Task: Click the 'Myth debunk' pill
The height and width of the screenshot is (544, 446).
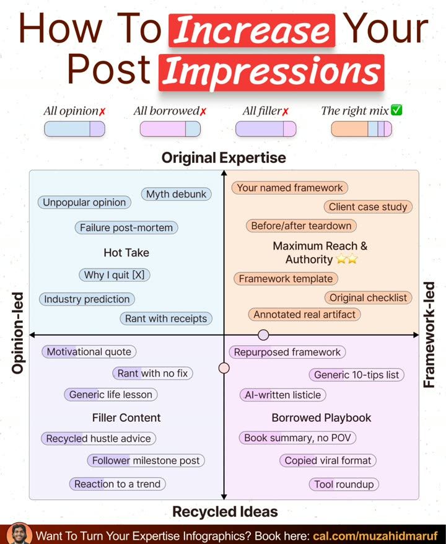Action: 176,194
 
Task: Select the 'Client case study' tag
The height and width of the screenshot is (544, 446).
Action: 368,207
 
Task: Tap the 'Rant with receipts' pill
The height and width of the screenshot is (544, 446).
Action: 166,318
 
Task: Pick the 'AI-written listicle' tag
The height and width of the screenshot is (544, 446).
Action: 282,395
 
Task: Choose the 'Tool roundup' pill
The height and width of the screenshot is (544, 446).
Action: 344,485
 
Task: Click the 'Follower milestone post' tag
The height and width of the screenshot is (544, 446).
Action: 146,460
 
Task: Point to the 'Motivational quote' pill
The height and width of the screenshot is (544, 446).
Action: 89,352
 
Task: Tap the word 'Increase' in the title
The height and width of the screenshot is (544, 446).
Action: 251,30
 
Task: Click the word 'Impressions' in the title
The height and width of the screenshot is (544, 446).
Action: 271,72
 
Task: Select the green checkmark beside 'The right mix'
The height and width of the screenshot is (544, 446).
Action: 396,110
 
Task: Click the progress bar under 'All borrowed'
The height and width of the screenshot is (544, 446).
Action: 170,129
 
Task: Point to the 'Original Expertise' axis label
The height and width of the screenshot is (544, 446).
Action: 224,158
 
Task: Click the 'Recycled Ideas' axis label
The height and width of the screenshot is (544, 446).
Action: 225,512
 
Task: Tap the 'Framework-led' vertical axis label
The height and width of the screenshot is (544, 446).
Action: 429,335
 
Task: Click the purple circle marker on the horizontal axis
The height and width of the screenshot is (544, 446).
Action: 264,335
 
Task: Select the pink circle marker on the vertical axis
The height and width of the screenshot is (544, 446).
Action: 224,368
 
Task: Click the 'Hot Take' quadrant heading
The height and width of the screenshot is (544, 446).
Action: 126,253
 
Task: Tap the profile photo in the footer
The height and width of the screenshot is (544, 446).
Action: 19,533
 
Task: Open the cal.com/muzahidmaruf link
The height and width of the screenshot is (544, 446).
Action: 375,536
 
